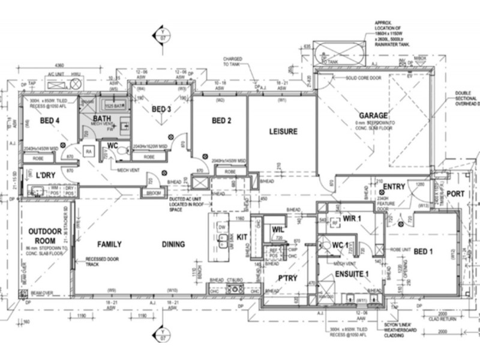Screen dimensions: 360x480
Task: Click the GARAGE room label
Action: click(x=373, y=115)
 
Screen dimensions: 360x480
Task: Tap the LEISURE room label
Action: click(x=283, y=131)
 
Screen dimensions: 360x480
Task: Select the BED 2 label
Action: click(x=221, y=121)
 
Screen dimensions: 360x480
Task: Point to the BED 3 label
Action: click(x=161, y=109)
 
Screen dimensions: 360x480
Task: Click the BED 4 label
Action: click(x=50, y=121)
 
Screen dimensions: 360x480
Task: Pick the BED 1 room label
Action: click(x=422, y=251)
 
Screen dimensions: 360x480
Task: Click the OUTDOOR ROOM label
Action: click(x=41, y=236)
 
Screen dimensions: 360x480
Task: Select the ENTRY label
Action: click(x=394, y=187)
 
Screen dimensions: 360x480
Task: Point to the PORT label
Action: click(x=455, y=194)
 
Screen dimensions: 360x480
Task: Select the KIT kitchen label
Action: click(x=242, y=238)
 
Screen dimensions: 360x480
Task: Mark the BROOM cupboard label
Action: click(x=154, y=193)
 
